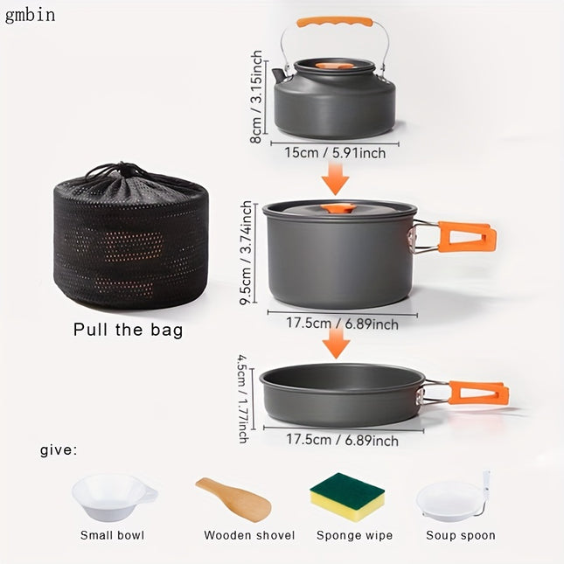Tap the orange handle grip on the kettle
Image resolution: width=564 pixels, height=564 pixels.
point(334,22)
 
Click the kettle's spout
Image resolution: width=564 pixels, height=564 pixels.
point(279,75)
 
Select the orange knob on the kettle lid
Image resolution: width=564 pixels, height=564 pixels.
point(335,65)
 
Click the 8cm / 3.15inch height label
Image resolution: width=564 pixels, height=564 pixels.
point(256,97)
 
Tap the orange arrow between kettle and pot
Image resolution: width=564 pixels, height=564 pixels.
point(334,181)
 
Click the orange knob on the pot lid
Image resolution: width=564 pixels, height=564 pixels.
point(338,209)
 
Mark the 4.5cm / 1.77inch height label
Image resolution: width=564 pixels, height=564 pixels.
point(243,398)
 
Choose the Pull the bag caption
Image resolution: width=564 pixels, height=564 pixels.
point(129,330)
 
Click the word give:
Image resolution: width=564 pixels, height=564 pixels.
point(59,451)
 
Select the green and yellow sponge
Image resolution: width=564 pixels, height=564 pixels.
point(348,499)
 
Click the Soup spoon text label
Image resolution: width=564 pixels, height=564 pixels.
point(460,535)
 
